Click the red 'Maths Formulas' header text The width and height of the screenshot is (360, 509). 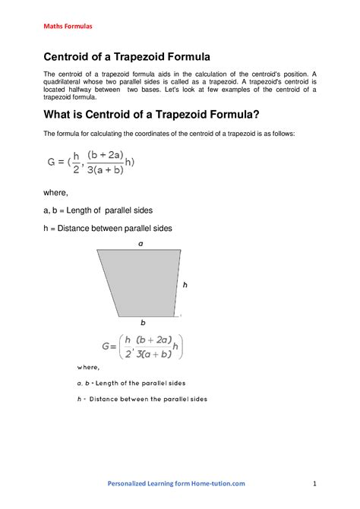click(68, 26)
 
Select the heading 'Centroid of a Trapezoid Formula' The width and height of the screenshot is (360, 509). click(126, 56)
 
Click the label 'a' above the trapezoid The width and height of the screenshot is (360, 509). click(141, 244)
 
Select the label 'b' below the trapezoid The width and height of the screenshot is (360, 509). click(143, 322)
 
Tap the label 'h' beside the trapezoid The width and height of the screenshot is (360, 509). click(185, 283)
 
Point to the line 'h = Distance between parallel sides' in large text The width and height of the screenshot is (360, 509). click(108, 228)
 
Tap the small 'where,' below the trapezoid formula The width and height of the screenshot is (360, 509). click(88, 367)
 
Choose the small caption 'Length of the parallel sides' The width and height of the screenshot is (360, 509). click(136, 383)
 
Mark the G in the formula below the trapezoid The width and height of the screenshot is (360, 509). click(106, 346)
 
